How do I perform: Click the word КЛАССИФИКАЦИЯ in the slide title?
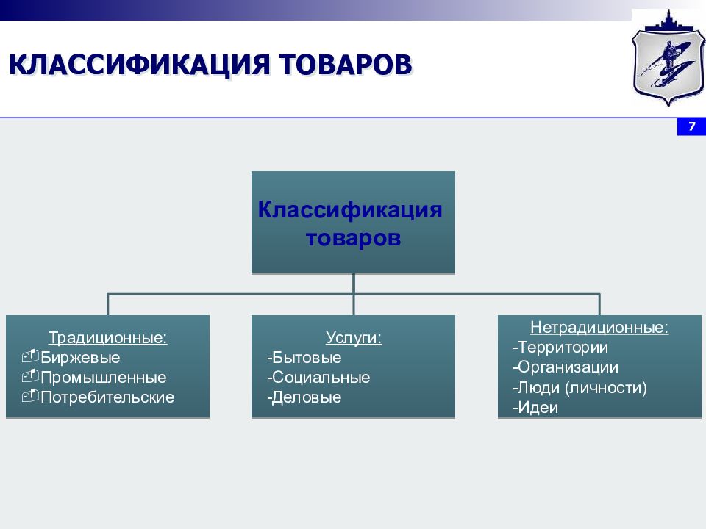139,65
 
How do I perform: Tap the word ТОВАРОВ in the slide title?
345,65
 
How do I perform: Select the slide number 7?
692,126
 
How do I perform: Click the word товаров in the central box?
353,237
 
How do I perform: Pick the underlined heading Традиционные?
107,337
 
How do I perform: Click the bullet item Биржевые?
80,358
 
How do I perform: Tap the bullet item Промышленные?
103,378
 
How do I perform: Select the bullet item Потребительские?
107,397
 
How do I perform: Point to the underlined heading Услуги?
354,337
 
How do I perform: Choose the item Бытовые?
304,358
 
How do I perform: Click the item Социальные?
318,378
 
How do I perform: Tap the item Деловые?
304,397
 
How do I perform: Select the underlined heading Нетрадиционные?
599,327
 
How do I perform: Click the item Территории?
560,348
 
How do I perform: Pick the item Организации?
566,367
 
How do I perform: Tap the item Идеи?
535,408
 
